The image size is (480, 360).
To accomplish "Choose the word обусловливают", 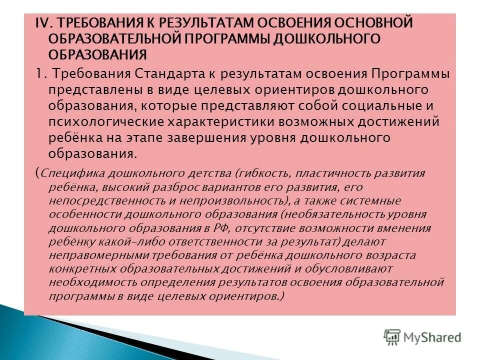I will pyautogui.click(x=351, y=268).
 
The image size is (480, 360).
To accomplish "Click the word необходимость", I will pyautogui.click(x=86, y=282).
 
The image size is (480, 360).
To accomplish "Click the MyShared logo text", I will pyautogui.click(x=433, y=337).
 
